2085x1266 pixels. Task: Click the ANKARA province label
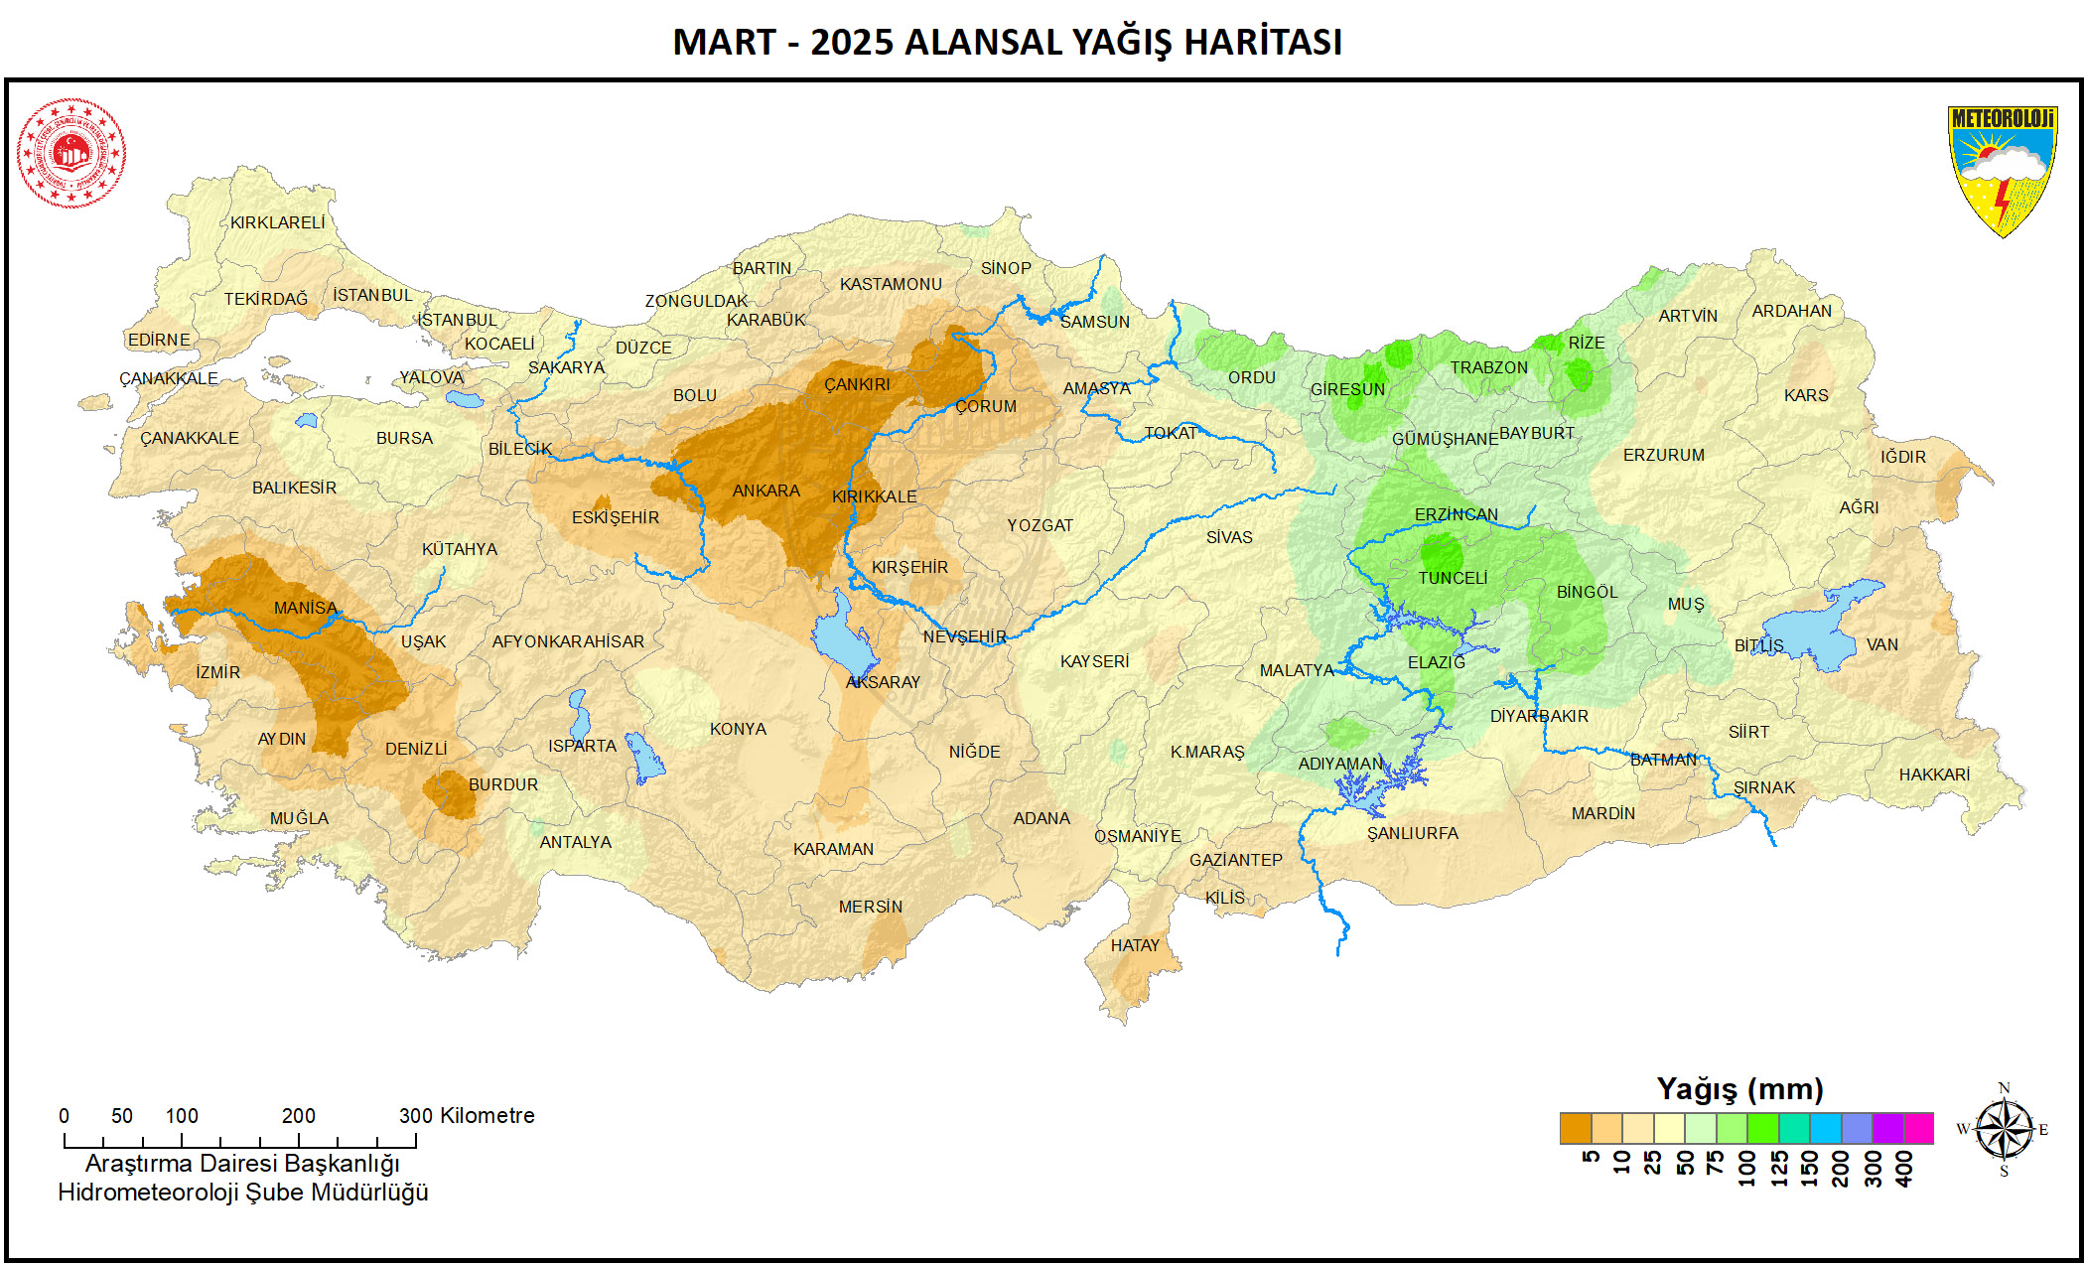(x=765, y=491)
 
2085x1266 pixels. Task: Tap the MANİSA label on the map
(x=305, y=608)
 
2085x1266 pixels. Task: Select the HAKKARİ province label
(x=1934, y=774)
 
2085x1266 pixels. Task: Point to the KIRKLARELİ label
(x=277, y=222)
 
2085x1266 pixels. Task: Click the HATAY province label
(x=1135, y=945)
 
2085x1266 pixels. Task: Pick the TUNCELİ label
(x=1452, y=578)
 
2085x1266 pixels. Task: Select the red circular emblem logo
(x=71, y=153)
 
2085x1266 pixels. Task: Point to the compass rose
(x=2004, y=1130)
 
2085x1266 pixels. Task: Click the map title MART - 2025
(x=1007, y=42)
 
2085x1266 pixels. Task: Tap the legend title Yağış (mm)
(x=1739, y=1089)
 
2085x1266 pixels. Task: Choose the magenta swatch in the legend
(x=1918, y=1128)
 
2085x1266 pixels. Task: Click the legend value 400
(x=1904, y=1168)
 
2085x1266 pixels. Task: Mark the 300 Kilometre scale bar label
(x=466, y=1115)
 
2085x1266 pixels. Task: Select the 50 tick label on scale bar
(x=122, y=1115)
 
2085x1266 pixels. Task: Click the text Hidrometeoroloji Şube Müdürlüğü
(x=243, y=1193)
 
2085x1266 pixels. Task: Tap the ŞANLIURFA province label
(x=1412, y=833)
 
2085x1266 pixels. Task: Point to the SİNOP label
(x=1006, y=268)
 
